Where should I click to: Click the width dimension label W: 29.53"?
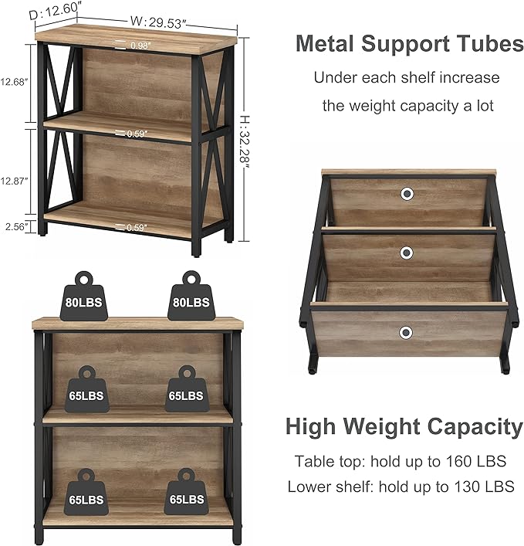coord(158,22)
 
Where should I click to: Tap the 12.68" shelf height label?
coord(14,82)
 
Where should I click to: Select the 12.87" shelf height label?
coord(14,181)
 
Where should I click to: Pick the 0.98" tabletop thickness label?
coord(140,46)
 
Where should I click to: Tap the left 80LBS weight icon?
coord(84,296)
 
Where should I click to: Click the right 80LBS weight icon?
coord(191,296)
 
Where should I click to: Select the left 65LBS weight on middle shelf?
coord(86,389)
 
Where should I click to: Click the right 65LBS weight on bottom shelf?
coord(187,492)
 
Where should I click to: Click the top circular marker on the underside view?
coord(407,194)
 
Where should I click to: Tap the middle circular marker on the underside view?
coord(407,253)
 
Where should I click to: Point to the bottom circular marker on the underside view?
coord(406,333)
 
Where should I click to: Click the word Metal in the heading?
coord(325,44)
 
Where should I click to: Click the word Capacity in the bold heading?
coord(475,427)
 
